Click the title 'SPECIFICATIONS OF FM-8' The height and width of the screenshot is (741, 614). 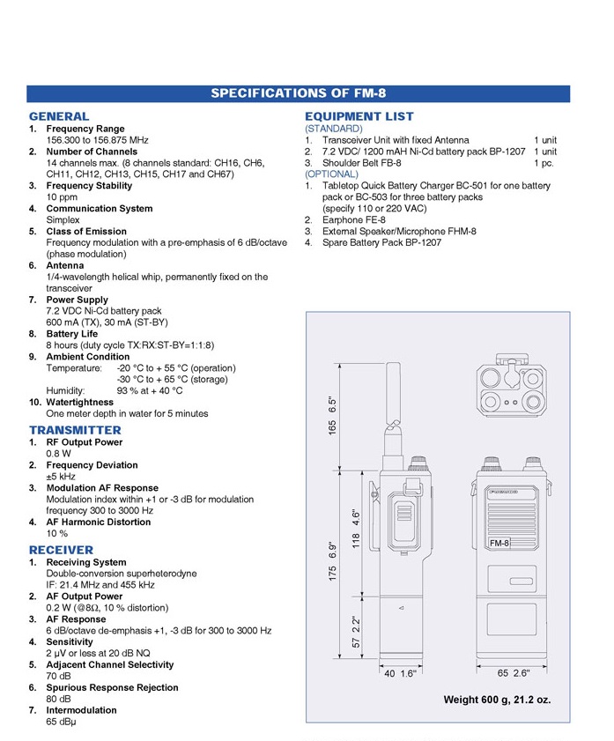click(299, 93)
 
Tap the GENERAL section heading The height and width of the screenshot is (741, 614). click(59, 116)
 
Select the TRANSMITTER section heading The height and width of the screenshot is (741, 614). click(75, 430)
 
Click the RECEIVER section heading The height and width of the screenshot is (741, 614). click(61, 550)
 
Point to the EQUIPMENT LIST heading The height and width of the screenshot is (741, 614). click(359, 116)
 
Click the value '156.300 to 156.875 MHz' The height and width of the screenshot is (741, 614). click(97, 140)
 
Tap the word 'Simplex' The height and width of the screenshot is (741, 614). click(63, 220)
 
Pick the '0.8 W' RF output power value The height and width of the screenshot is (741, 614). click(59, 454)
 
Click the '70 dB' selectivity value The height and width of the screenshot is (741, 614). click(58, 676)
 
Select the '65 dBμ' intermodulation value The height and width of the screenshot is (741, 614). click(62, 722)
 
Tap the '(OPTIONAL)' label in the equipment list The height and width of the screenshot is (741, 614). click(331, 174)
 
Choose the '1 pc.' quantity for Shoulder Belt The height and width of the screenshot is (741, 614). click(544, 163)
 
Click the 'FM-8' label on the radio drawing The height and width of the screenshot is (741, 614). click(499, 544)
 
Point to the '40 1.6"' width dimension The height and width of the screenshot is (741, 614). click(401, 673)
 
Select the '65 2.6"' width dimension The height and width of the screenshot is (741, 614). click(514, 673)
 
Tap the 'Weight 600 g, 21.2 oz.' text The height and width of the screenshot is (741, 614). click(497, 700)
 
